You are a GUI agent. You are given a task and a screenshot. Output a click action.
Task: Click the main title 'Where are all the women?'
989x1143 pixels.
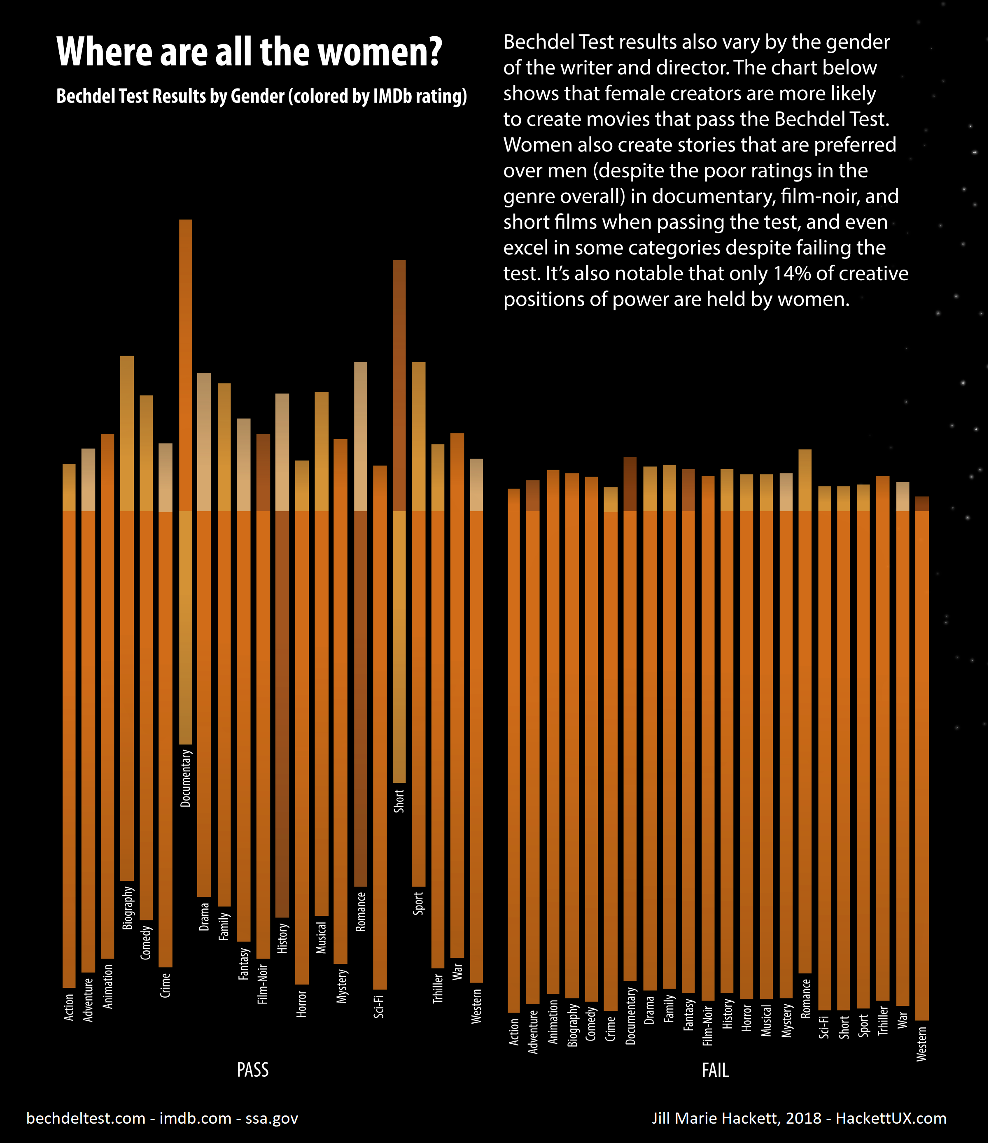point(250,52)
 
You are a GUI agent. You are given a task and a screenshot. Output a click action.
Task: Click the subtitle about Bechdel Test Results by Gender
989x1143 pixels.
point(261,97)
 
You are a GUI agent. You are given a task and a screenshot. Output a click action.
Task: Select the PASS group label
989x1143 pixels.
point(252,1070)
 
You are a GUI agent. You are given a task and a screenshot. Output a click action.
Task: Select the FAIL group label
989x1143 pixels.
point(715,1071)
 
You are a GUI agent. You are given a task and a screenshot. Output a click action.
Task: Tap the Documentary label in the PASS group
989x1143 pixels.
point(186,778)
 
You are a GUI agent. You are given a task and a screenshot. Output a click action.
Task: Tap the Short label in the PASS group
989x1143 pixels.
point(399,801)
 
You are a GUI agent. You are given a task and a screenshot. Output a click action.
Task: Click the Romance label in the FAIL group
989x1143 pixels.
point(805,999)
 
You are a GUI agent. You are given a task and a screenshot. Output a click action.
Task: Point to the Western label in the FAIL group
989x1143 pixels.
point(921,1044)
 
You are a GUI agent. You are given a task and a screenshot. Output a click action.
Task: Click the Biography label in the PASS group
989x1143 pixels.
point(128,908)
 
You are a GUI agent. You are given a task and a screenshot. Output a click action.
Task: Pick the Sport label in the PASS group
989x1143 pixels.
point(418,903)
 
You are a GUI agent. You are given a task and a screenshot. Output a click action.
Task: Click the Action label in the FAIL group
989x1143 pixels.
point(514,1031)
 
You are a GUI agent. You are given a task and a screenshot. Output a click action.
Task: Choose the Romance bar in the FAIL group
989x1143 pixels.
point(805,717)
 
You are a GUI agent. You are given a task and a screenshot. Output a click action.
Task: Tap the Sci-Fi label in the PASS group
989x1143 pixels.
point(379,1007)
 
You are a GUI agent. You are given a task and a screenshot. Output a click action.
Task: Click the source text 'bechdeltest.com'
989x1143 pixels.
point(86,1118)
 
